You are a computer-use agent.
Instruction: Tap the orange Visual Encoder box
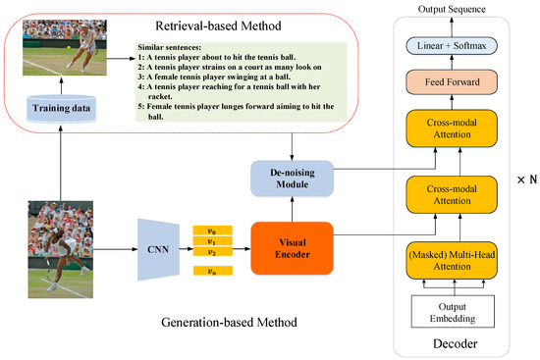pyautogui.click(x=292, y=247)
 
